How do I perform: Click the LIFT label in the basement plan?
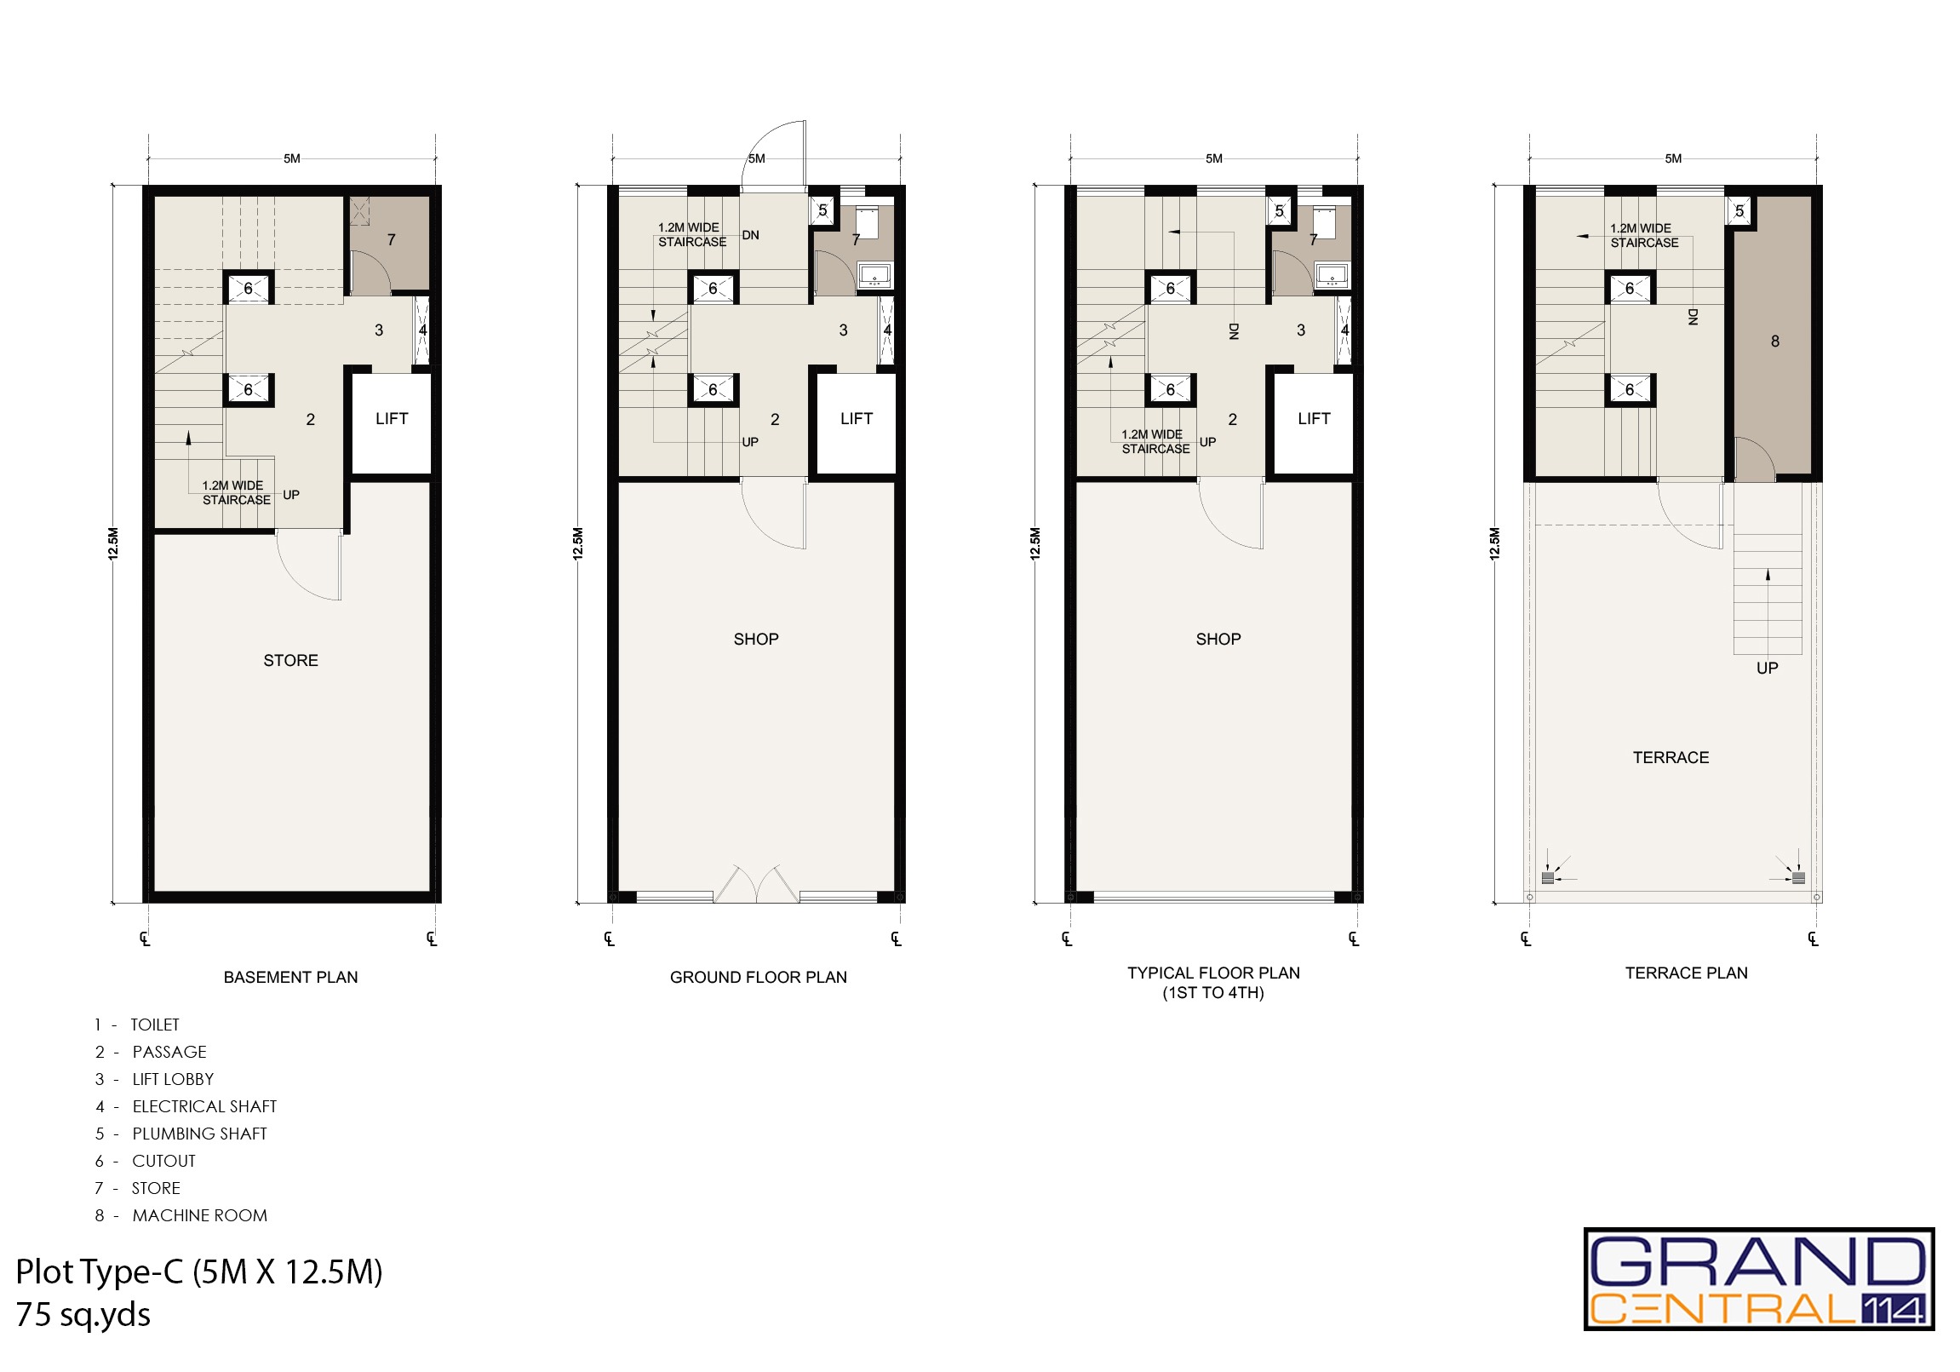tap(392, 418)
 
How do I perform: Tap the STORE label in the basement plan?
tap(290, 660)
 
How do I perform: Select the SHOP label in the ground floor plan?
tap(755, 639)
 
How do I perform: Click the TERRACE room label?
tap(1671, 757)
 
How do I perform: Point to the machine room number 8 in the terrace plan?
tap(1774, 342)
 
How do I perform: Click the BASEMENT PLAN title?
tap(290, 977)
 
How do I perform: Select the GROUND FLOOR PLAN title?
tap(758, 977)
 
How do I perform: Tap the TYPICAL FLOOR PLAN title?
tap(1213, 973)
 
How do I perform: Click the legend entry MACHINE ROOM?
tap(199, 1215)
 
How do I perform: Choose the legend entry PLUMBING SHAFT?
tap(199, 1133)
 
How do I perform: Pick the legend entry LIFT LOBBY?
tap(173, 1078)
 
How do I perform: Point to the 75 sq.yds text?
tap(83, 1315)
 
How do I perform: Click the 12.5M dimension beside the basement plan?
tap(113, 544)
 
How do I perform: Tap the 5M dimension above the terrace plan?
tap(1673, 158)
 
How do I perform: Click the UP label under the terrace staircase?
tap(1767, 668)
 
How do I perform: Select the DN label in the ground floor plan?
tap(750, 235)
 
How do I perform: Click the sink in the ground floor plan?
tap(875, 276)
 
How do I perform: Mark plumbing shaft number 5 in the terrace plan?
tap(1739, 211)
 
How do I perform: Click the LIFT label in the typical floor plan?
tap(1314, 418)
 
